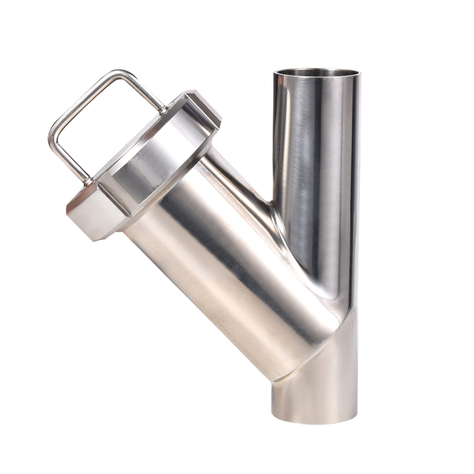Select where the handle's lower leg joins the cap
click(88, 180)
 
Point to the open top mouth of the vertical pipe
click(316, 73)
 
